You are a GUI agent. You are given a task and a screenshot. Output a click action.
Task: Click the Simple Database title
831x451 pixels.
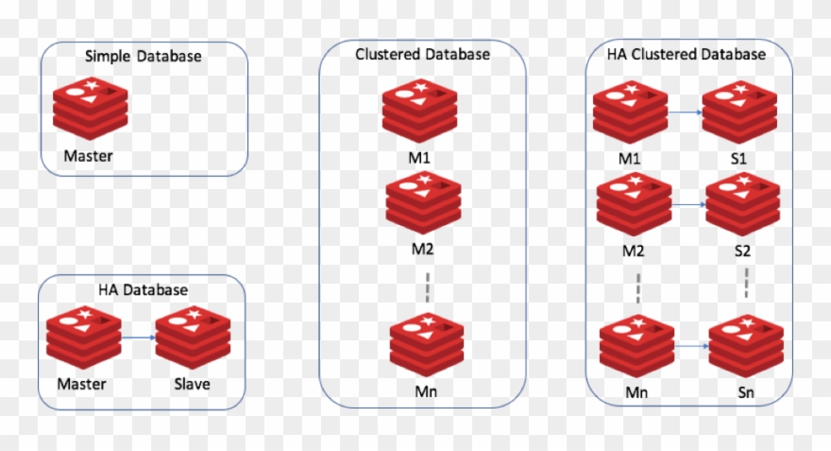(144, 57)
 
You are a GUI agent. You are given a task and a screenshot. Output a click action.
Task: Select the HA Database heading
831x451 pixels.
(143, 289)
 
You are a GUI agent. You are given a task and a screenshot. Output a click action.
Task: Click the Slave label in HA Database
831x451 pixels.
(192, 384)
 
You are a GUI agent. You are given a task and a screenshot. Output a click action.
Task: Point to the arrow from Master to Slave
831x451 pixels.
(138, 337)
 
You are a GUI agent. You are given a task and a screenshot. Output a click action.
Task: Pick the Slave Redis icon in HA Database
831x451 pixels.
(193, 338)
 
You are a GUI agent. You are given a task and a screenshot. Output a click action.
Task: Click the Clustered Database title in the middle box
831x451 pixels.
(422, 55)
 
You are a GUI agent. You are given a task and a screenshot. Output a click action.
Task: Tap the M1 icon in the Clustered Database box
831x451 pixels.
(420, 113)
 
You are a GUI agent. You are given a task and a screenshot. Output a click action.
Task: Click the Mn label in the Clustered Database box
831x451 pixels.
(427, 390)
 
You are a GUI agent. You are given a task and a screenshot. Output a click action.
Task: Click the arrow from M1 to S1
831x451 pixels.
(685, 113)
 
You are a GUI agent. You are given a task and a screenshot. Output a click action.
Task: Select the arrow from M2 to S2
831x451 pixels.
(689, 204)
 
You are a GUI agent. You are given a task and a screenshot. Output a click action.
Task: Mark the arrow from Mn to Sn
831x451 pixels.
(692, 346)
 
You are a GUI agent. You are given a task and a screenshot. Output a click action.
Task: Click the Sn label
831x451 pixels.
(747, 390)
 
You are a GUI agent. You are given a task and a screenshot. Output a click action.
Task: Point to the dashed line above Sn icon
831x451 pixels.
(747, 283)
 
